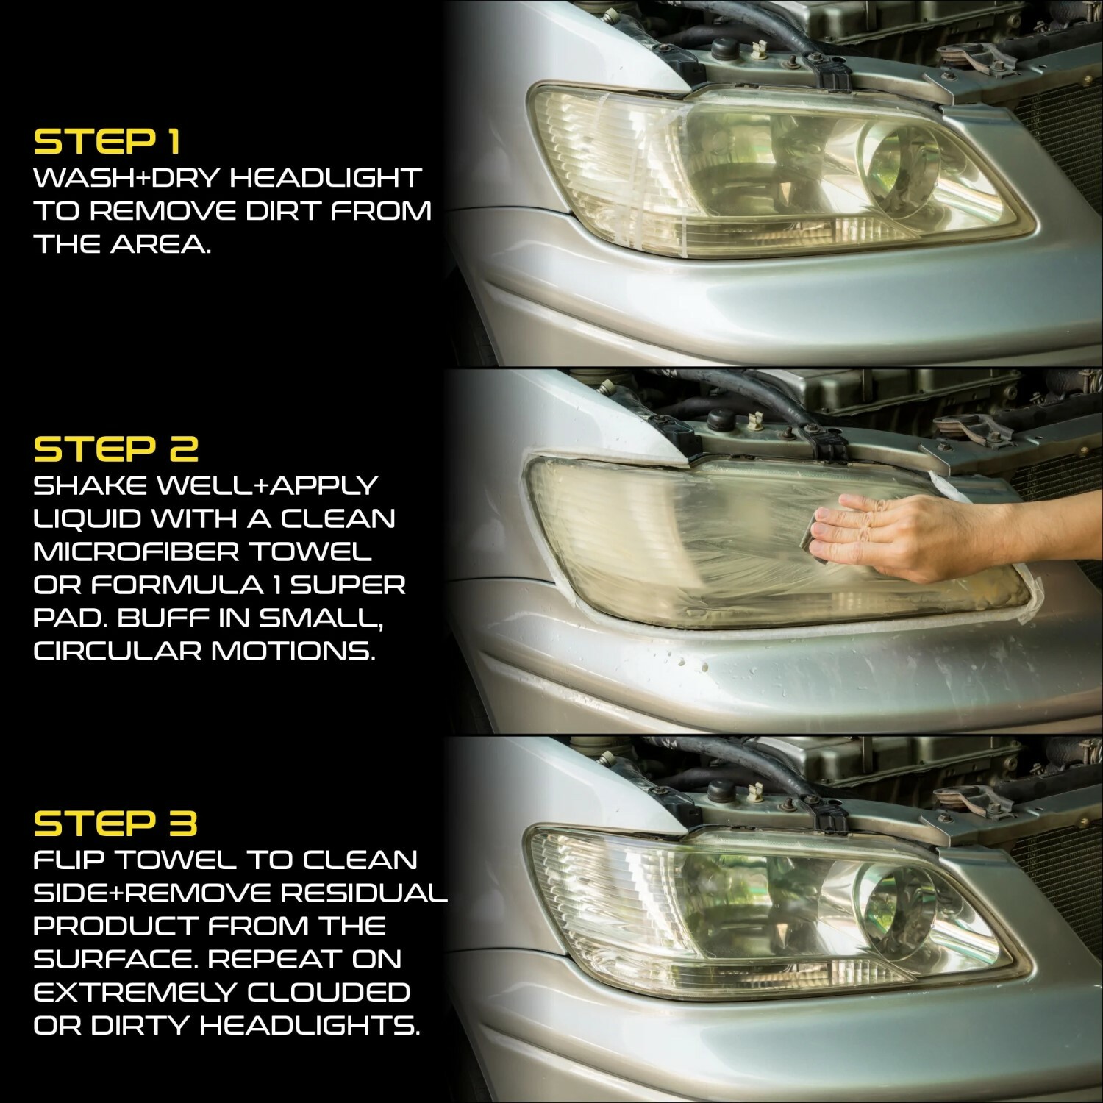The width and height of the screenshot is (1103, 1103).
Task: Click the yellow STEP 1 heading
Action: [107, 142]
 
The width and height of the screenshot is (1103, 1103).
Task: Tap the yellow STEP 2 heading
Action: [116, 449]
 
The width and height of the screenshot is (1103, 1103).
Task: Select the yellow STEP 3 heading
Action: [116, 824]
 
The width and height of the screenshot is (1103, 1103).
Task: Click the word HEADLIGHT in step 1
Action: [326, 178]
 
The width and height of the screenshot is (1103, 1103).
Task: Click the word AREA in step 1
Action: [161, 245]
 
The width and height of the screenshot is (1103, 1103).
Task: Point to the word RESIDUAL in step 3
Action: [365, 893]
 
